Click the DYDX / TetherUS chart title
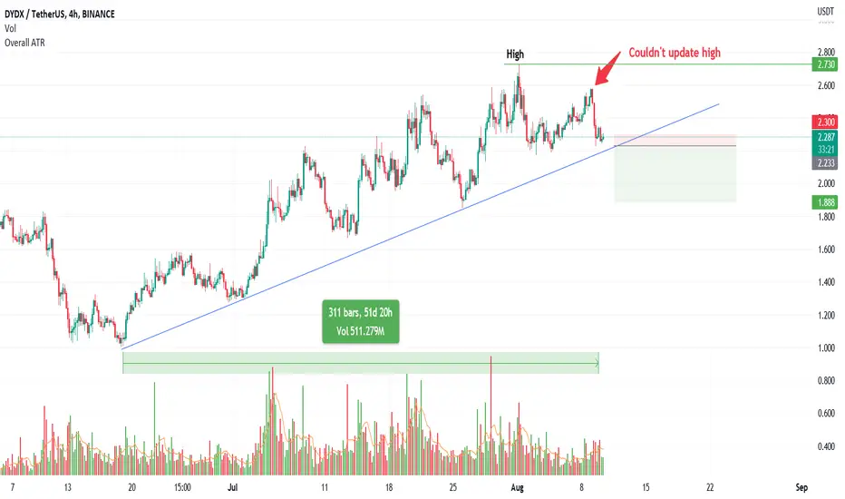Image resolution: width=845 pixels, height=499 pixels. tap(59, 14)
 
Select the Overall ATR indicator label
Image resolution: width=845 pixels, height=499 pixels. tap(24, 43)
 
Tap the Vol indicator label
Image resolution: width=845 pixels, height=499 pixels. tap(10, 29)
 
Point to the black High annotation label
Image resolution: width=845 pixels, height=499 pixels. tap(515, 54)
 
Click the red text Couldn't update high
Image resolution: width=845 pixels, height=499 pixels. tap(675, 53)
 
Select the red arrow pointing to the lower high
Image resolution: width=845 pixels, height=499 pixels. tap(607, 68)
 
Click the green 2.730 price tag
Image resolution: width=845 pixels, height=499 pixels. tap(825, 64)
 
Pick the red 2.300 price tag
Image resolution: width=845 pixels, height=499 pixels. tap(825, 122)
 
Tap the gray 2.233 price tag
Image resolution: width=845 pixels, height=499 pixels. tap(825, 163)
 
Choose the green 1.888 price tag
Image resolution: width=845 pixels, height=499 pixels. tap(825, 202)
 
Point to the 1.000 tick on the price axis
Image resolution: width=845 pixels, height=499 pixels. tap(826, 348)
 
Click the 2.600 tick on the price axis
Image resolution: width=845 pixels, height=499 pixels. tap(826, 85)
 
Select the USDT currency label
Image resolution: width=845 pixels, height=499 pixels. tap(825, 11)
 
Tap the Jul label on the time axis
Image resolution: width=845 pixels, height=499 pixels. tap(233, 487)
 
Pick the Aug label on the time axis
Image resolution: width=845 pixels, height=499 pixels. tap(517, 487)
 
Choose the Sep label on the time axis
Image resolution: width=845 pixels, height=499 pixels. tap(801, 487)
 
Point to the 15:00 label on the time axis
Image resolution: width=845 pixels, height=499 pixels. tap(182, 487)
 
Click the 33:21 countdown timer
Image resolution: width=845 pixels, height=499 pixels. tap(825, 150)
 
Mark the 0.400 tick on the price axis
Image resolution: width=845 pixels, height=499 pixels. tap(826, 446)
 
